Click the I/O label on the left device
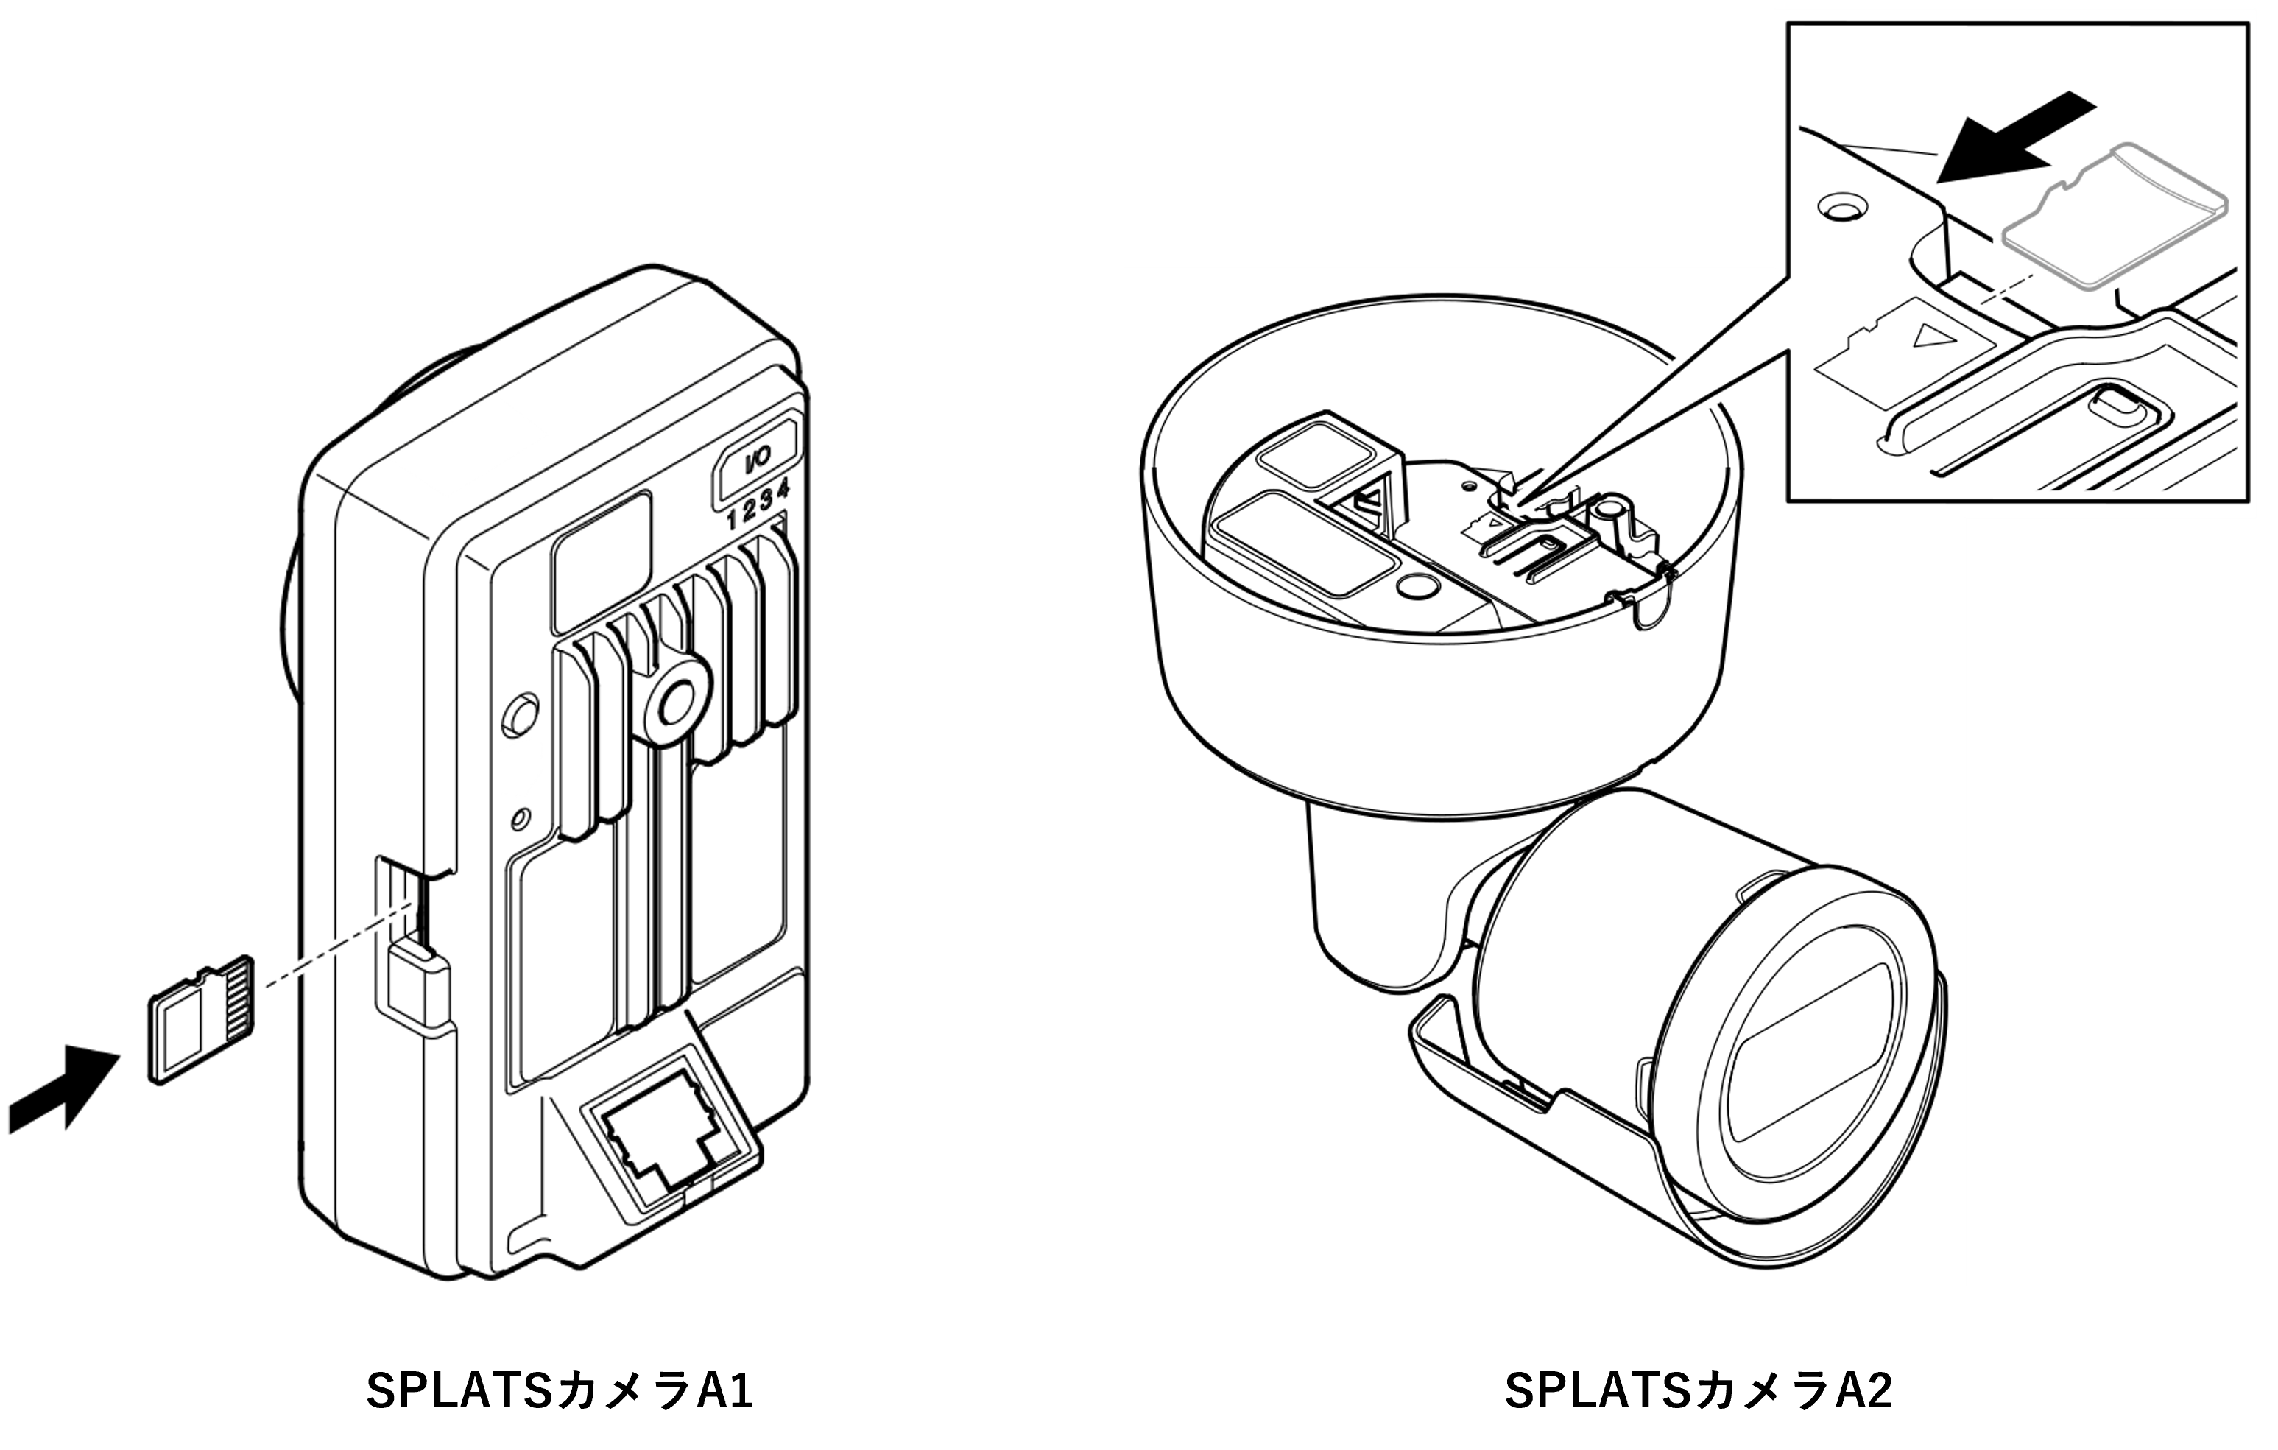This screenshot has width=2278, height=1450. [x=758, y=459]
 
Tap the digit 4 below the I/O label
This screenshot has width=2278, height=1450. [x=783, y=491]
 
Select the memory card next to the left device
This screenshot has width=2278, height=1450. [x=202, y=1018]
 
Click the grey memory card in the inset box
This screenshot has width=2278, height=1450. [x=2115, y=227]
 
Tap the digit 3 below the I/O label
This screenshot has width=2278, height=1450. [x=766, y=504]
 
